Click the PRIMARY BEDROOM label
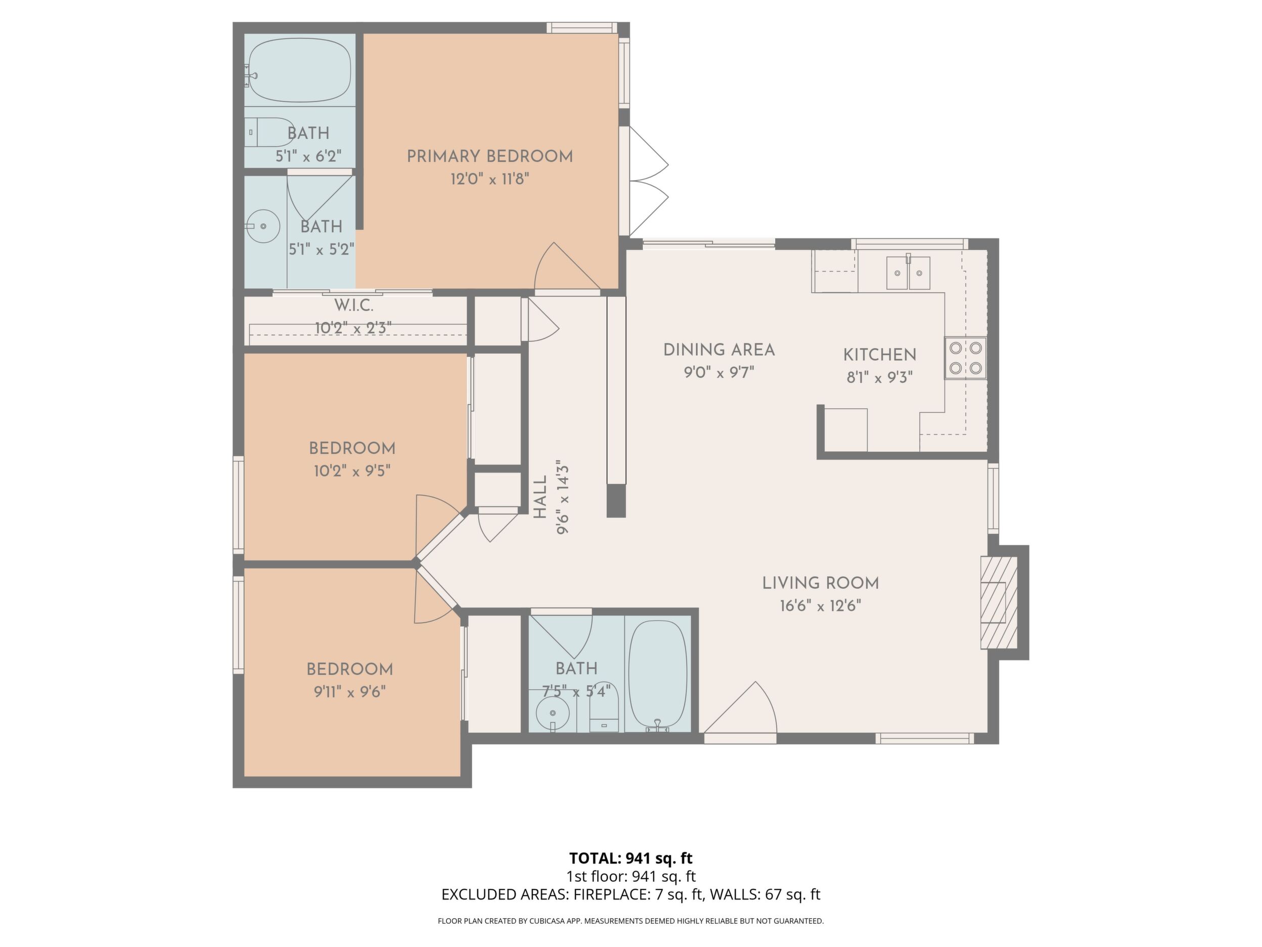click(x=489, y=156)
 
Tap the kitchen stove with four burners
click(x=965, y=358)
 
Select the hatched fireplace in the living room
click(x=999, y=602)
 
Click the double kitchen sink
click(x=908, y=273)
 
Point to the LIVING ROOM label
click(x=821, y=583)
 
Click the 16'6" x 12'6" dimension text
click(x=821, y=606)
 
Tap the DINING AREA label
click(x=719, y=350)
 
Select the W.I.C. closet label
click(x=354, y=306)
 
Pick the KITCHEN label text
click(x=880, y=355)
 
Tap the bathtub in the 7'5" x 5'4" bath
click(x=658, y=676)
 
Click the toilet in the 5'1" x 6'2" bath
click(x=269, y=132)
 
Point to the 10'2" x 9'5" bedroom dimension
click(x=352, y=471)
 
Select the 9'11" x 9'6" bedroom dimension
click(x=350, y=692)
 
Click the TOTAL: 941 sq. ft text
click(x=630, y=858)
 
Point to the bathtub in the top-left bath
click(x=299, y=71)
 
